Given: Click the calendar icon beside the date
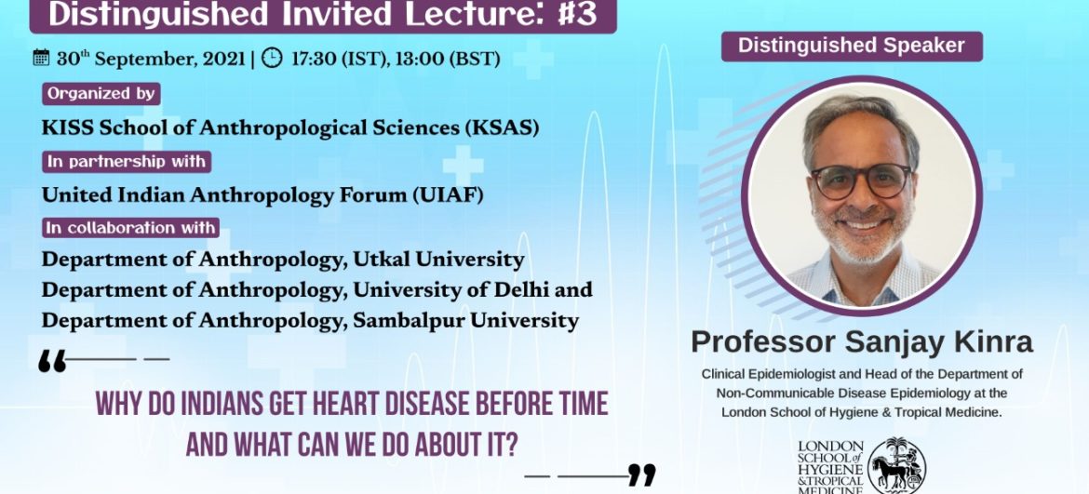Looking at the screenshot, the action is pyautogui.click(x=41, y=58).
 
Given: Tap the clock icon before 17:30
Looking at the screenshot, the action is pyautogui.click(x=272, y=58).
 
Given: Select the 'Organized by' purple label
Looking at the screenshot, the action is pyautogui.click(x=101, y=94).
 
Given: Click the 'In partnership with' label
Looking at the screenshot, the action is pyautogui.click(x=128, y=161).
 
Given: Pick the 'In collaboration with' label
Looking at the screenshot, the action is pyautogui.click(x=131, y=228).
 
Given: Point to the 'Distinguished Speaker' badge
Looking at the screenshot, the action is pyautogui.click(x=852, y=47).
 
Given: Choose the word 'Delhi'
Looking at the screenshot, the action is pyautogui.click(x=525, y=290).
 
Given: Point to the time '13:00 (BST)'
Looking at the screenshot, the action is pyautogui.click(x=448, y=59).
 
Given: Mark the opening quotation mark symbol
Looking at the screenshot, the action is pyautogui.click(x=52, y=361).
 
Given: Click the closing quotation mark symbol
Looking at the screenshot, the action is pyautogui.click(x=641, y=475).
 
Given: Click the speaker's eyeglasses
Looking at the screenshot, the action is pyautogui.click(x=861, y=180).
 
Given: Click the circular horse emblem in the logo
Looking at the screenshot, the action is pyautogui.click(x=896, y=465).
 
